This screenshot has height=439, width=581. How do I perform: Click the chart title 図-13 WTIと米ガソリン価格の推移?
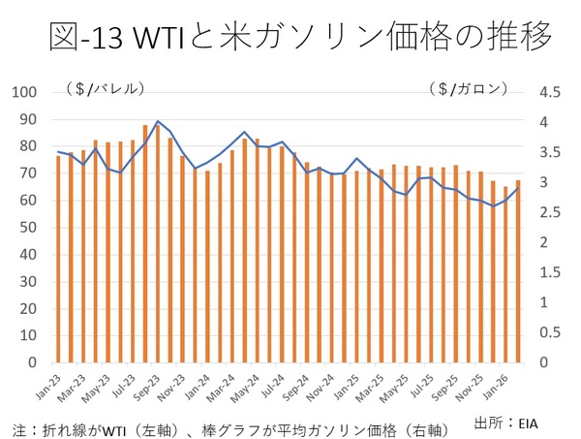300,37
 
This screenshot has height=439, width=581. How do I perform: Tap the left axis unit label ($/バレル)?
106,89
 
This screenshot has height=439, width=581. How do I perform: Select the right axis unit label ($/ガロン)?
468,89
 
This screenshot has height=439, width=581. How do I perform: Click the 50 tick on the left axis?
29,228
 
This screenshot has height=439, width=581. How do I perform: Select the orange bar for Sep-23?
158,242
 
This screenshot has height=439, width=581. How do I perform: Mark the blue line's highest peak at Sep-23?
158,121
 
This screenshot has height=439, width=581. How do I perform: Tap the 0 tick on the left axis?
33,362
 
